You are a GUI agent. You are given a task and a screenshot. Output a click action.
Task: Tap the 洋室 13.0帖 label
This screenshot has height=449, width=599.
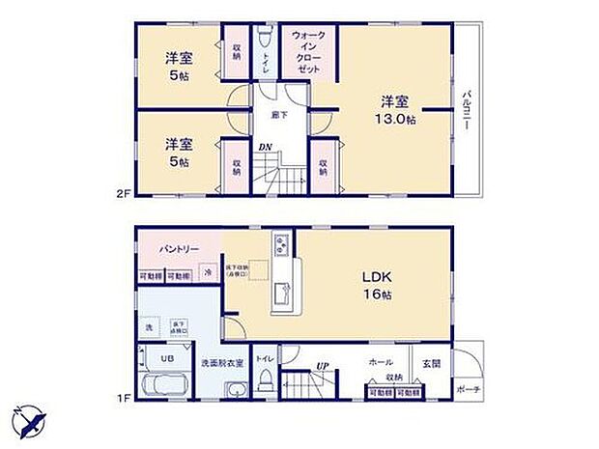click(x=396, y=109)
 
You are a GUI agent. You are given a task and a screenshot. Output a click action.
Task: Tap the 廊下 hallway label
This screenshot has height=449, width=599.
click(x=276, y=113)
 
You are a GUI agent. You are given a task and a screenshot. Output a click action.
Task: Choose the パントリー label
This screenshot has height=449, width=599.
click(x=179, y=248)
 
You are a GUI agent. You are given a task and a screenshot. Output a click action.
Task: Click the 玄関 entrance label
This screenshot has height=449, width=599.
click(x=430, y=363)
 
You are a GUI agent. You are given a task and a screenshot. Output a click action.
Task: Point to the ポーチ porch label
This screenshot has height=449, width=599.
click(x=471, y=390)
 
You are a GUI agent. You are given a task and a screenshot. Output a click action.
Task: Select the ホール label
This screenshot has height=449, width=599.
click(x=379, y=360)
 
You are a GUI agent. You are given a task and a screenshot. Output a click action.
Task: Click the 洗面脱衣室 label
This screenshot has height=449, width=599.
click(x=221, y=364)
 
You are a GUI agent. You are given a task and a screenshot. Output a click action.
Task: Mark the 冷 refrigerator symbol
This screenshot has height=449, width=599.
click(x=208, y=275)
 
